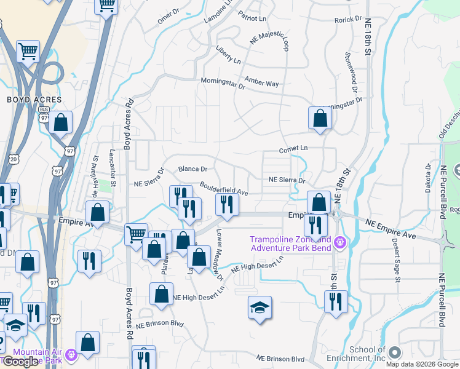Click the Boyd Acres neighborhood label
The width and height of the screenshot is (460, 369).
(x=34, y=99)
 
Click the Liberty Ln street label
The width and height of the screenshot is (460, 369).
(x=228, y=54)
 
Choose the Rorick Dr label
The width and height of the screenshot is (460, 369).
(x=348, y=20)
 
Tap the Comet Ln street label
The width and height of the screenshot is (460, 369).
(x=293, y=149)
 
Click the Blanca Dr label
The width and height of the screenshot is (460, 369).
(x=192, y=169)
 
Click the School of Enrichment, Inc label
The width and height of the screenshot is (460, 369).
(x=367, y=354)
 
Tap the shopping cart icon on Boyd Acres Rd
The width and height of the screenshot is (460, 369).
(x=136, y=234)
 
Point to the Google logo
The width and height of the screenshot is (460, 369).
(x=20, y=362)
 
